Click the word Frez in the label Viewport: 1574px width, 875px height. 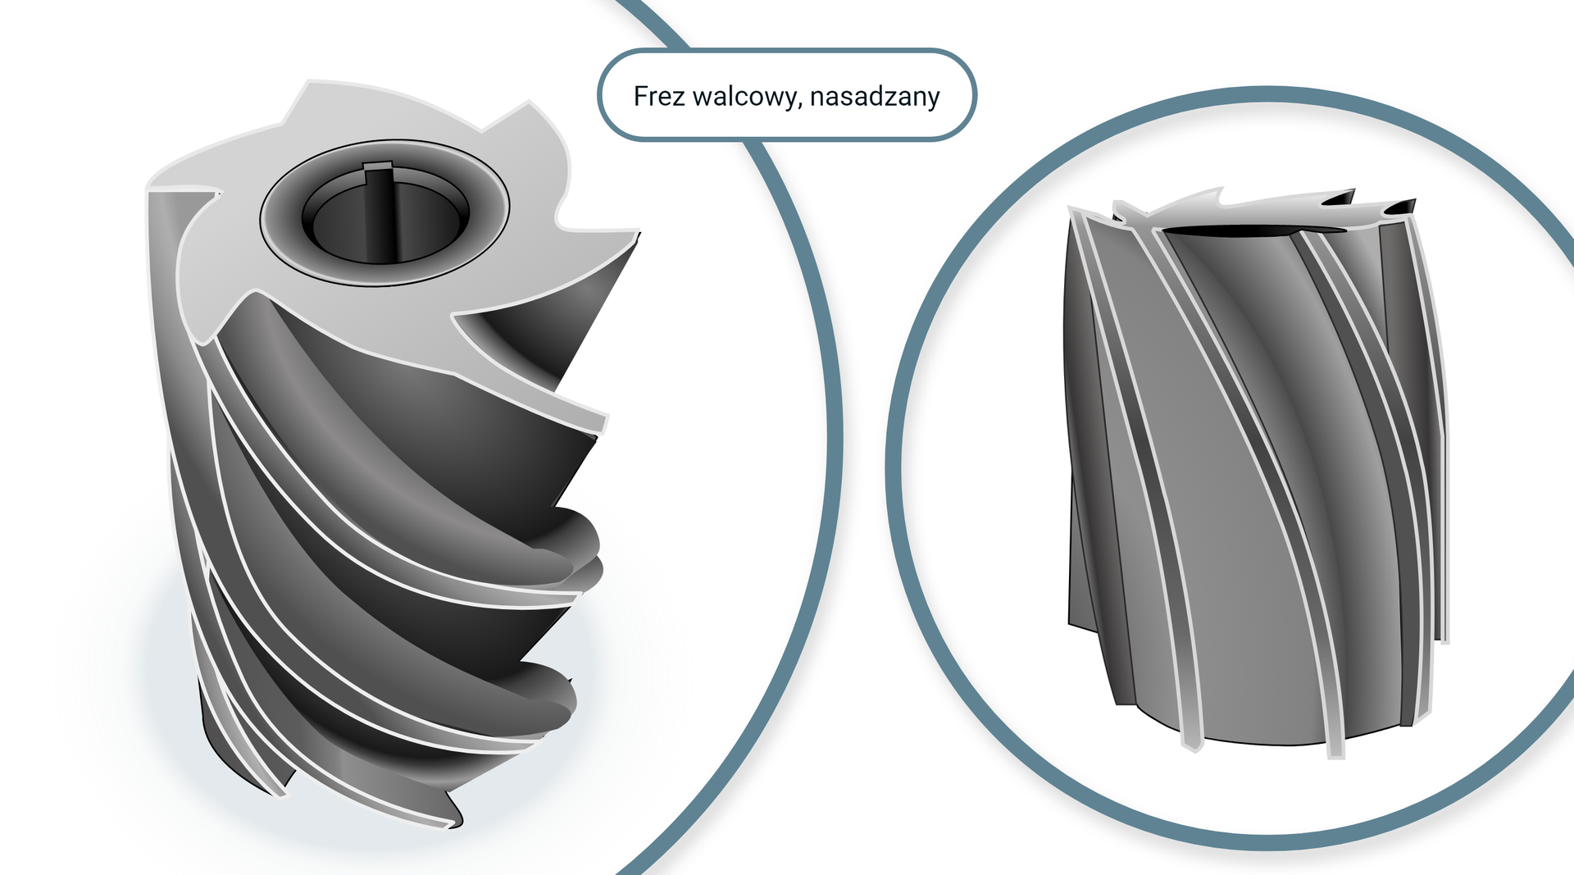pos(659,97)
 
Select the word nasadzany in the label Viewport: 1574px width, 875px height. pos(875,97)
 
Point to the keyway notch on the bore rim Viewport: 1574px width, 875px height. pos(378,168)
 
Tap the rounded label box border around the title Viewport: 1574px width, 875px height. pos(787,51)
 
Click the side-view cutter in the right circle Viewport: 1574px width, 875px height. pos(1254,476)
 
